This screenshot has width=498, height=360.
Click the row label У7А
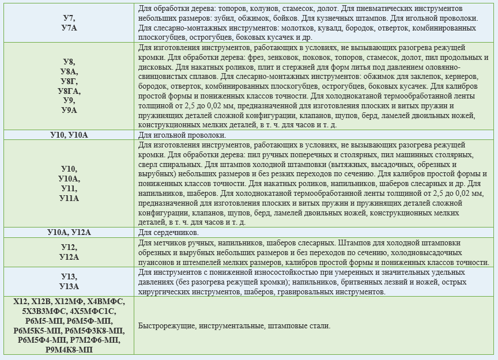(69, 28)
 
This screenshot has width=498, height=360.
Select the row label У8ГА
(69, 92)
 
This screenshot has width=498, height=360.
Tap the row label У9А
(69, 110)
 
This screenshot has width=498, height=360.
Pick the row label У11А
(69, 198)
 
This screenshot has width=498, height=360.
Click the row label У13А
(69, 286)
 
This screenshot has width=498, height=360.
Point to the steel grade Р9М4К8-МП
(69, 350)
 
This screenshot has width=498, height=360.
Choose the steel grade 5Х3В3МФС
(41, 311)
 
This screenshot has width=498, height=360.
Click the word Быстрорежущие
(166, 326)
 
